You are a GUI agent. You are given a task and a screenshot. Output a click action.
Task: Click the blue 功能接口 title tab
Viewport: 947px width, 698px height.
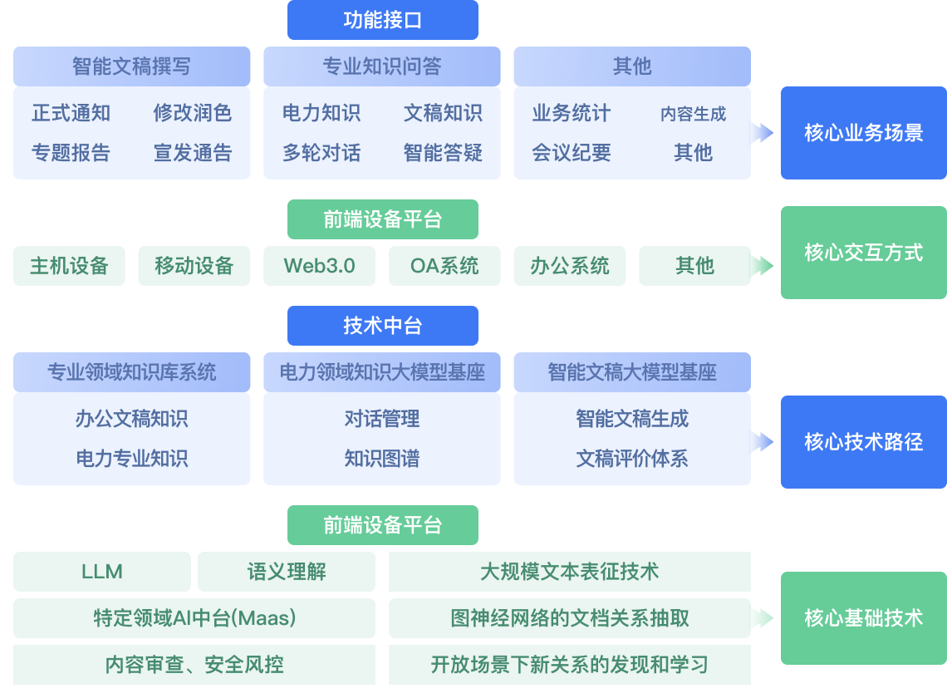point(382,20)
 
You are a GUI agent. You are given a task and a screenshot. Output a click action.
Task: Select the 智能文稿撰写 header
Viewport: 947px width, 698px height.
point(131,66)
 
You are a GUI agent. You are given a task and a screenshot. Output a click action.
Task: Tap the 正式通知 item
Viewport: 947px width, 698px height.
point(71,113)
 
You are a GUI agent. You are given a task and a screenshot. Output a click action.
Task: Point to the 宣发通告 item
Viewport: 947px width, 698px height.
point(192,153)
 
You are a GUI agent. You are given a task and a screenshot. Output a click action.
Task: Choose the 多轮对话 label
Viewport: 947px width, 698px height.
point(321,153)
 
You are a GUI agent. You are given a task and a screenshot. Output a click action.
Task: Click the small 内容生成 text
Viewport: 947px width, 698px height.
point(693,114)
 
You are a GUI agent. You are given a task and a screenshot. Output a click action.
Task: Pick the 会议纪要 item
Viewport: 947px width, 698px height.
point(572,153)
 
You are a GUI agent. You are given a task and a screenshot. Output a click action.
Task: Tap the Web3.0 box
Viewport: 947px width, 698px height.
point(319,266)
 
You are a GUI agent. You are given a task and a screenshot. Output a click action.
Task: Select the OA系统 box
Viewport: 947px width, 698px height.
point(444,266)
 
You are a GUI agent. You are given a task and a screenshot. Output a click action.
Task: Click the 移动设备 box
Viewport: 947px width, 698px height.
point(194,266)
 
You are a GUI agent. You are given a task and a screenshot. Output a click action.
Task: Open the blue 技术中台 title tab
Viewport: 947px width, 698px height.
point(382,326)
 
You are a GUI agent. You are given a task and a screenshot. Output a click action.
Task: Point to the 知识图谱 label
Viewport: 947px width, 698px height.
point(382,459)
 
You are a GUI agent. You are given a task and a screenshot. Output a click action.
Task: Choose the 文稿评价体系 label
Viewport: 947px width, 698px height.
point(632,459)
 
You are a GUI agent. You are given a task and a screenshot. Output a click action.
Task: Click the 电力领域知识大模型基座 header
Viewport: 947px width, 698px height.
point(382,372)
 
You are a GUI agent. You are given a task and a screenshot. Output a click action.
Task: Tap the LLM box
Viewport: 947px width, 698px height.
point(102,572)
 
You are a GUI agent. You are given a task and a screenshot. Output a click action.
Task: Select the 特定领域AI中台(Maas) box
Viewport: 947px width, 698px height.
point(194,618)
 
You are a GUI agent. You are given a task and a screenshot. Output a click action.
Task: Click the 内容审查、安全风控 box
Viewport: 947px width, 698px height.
point(194,665)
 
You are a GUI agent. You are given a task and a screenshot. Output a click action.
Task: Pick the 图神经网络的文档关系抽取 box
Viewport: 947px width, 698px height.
point(569,618)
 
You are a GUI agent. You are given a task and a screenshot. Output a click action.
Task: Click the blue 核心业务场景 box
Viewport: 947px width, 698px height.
point(863,133)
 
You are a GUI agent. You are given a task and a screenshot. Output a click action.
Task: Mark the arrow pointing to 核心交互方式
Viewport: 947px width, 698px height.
point(763,266)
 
